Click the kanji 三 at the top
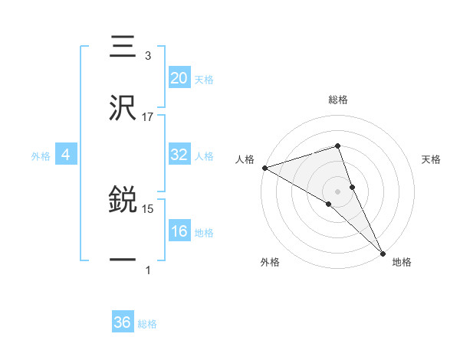click(123, 47)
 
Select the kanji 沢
click(123, 109)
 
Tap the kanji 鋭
click(123, 201)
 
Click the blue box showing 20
click(179, 78)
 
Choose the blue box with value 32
click(179, 155)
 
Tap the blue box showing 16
click(179, 231)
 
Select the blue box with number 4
click(65, 155)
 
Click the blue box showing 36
click(123, 322)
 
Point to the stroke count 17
click(148, 116)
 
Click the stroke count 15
click(148, 208)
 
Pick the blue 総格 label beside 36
click(147, 324)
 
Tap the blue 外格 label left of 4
click(41, 155)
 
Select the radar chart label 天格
click(431, 159)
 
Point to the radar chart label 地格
click(402, 262)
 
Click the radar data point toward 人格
click(264, 168)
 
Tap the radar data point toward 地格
click(383, 252)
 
